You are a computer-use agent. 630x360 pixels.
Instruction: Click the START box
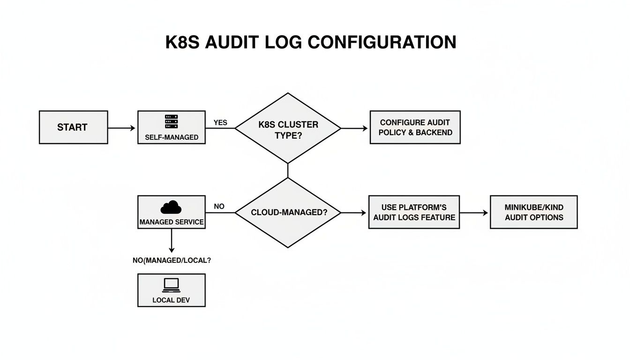click(x=73, y=127)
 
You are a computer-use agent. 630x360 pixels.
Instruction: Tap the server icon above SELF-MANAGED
click(x=172, y=121)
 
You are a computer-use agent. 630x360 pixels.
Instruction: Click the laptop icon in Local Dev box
click(x=171, y=284)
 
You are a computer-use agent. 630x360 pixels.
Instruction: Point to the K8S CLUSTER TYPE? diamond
click(x=288, y=128)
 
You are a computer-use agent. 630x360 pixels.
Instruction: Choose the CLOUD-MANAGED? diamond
click(x=288, y=212)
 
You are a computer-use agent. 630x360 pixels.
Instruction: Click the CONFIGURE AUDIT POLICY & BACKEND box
click(x=415, y=127)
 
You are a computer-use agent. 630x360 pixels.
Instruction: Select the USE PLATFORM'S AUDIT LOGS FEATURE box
click(x=414, y=212)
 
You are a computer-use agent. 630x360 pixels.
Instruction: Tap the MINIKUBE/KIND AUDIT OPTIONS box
click(x=534, y=212)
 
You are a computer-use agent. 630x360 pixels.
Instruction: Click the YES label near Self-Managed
click(x=220, y=122)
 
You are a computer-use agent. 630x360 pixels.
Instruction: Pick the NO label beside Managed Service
click(x=219, y=206)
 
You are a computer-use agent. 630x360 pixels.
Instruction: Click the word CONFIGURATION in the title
click(x=382, y=42)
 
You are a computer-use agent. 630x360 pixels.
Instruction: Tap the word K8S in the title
click(x=183, y=42)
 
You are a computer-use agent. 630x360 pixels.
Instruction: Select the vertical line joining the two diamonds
click(x=288, y=171)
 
